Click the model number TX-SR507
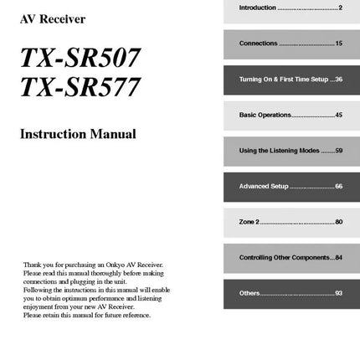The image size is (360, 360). click(x=80, y=58)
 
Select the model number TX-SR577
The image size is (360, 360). click(x=80, y=87)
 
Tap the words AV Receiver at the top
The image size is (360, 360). click(x=52, y=19)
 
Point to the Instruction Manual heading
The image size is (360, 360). click(x=78, y=134)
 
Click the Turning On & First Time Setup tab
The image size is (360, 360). click(x=290, y=79)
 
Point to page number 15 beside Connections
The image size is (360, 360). click(x=338, y=43)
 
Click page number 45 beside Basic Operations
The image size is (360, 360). click(x=338, y=115)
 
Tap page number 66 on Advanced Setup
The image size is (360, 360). click(x=338, y=186)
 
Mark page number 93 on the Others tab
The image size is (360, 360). click(x=338, y=293)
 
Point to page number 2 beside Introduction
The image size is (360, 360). click(x=340, y=8)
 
